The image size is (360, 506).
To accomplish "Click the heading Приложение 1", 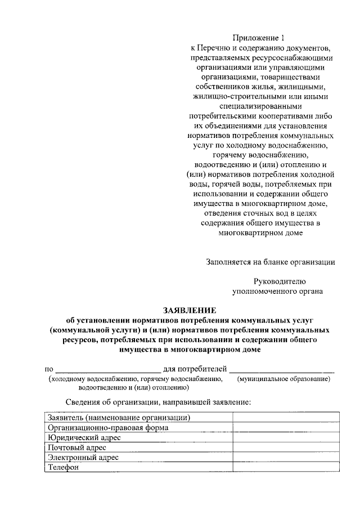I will [x=260, y=38].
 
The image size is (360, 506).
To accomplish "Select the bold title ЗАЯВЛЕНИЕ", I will [x=189, y=310].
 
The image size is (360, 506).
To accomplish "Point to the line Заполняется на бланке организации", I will [x=271, y=261].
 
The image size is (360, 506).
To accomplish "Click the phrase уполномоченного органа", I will [x=277, y=291].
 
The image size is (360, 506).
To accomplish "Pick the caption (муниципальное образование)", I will [x=284, y=379].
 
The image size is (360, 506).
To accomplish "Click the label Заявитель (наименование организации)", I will [x=119, y=417].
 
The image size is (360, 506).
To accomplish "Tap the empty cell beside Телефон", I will [x=286, y=468].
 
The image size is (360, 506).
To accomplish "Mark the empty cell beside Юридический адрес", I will [x=286, y=437].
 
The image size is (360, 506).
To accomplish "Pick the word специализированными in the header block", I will [x=260, y=105].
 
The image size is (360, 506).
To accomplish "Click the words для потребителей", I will [x=195, y=370].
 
